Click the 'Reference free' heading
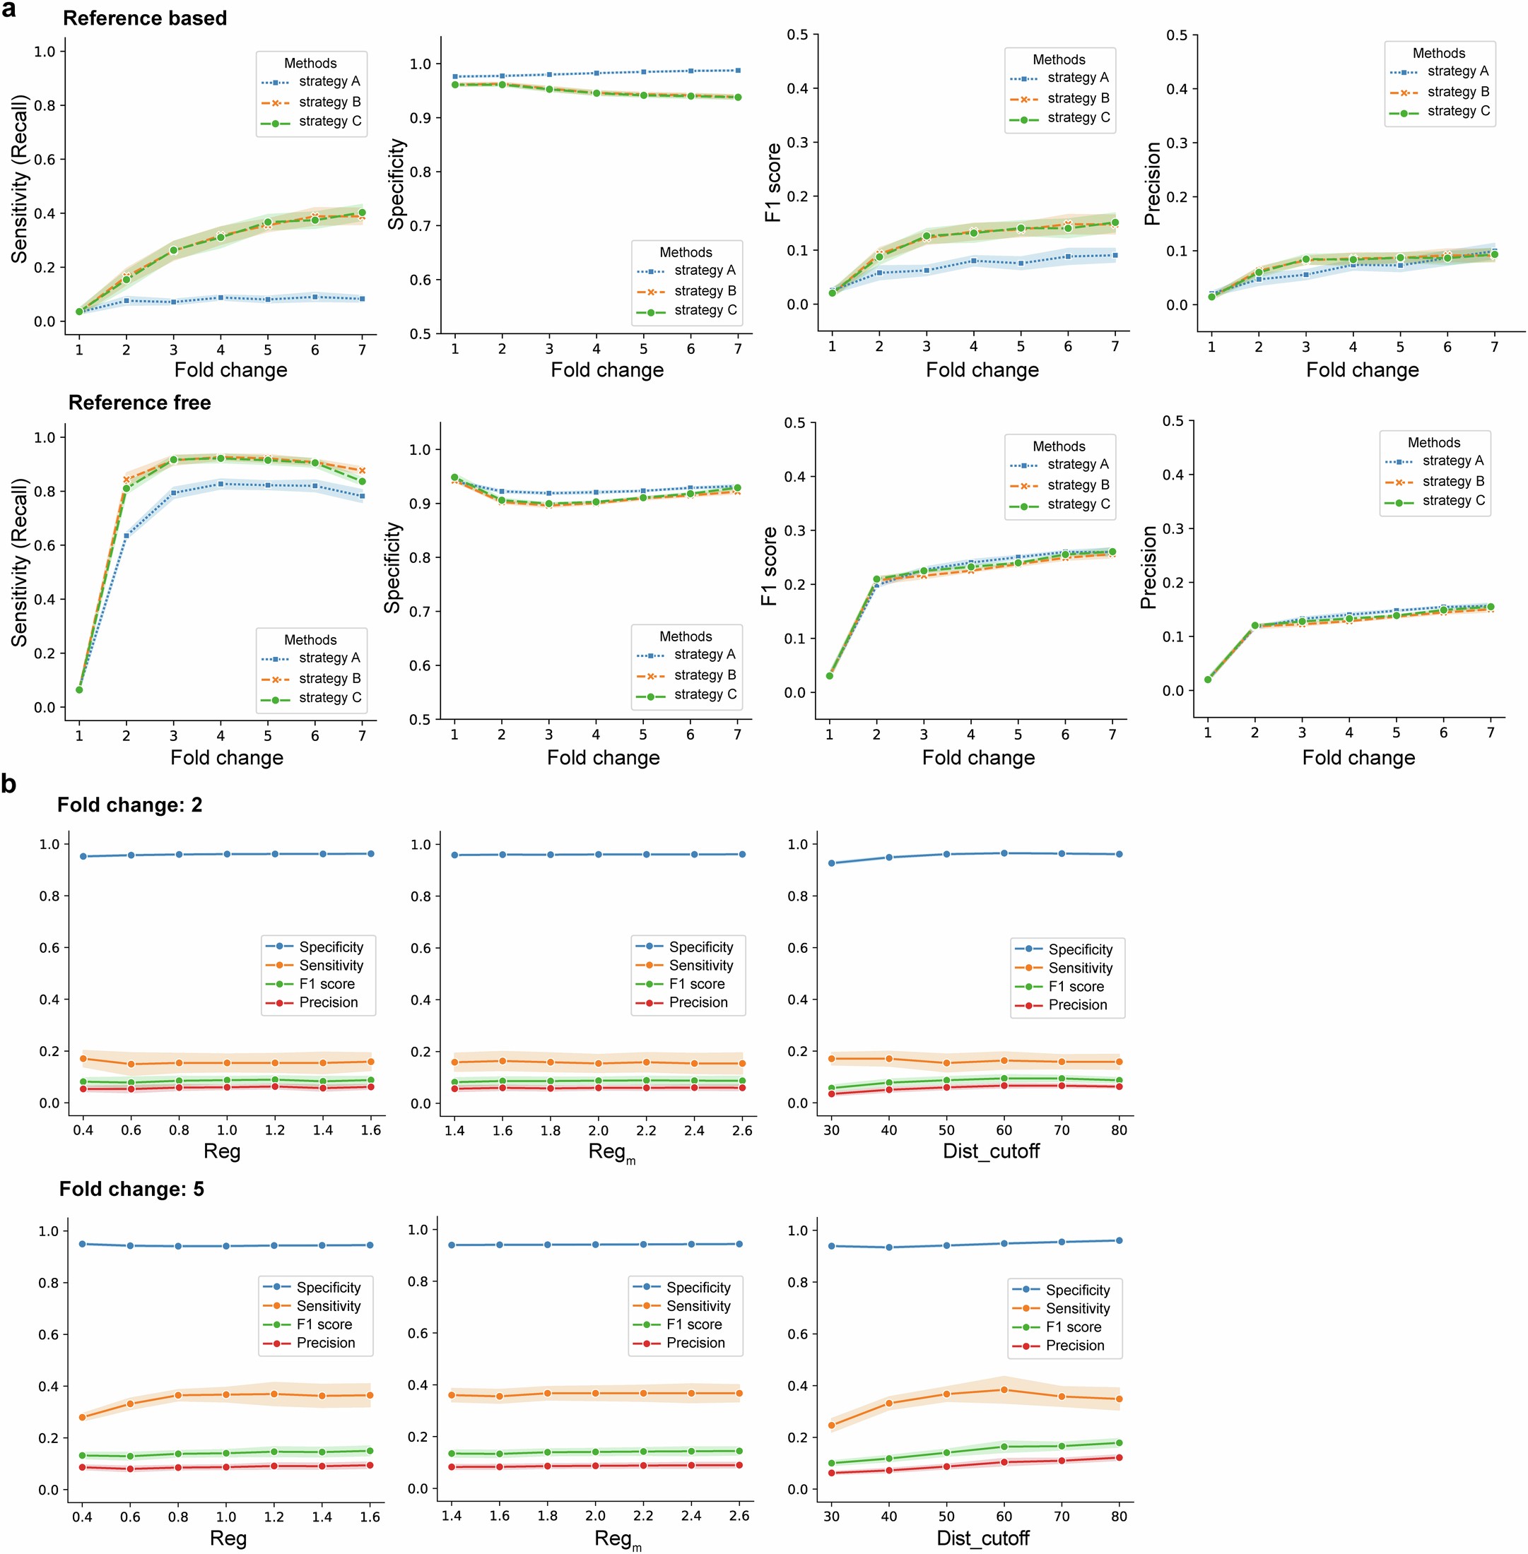pos(140,403)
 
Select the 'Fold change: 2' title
pos(129,805)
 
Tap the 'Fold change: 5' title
pos(131,1189)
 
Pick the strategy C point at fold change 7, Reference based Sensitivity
pos(362,213)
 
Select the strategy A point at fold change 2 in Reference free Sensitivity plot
pos(126,535)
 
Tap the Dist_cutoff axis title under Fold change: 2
pos(990,1151)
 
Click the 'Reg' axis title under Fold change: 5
pos(228,1538)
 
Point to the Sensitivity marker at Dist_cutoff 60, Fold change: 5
pos(1004,1389)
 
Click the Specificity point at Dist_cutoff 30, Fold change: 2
pos(831,863)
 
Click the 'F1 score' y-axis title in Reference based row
pos(772,183)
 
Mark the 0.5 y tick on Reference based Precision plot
pos(1177,35)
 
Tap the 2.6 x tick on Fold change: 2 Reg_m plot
pos(742,1130)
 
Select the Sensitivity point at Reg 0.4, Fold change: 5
pos(82,1417)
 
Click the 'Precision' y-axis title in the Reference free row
pos(1148,567)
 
